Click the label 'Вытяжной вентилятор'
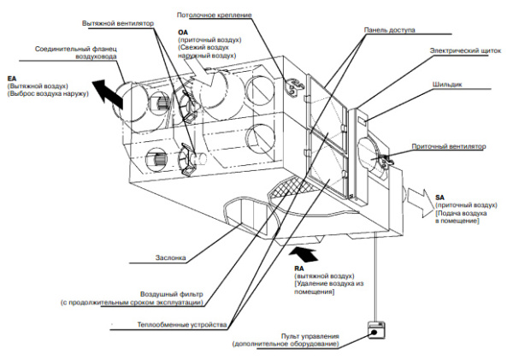[x=121, y=23]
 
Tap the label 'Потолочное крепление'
[x=214, y=15]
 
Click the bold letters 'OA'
[x=183, y=32]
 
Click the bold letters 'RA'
[x=287, y=269]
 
